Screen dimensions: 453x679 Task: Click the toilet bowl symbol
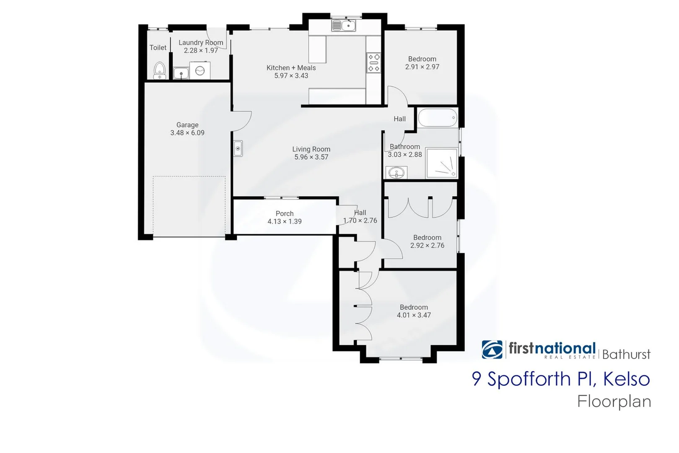click(x=159, y=70)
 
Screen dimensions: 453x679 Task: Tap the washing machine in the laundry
click(x=200, y=71)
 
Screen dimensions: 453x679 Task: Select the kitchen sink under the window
click(x=344, y=26)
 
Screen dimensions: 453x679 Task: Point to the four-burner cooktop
click(x=374, y=62)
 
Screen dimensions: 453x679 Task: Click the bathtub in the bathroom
click(x=437, y=118)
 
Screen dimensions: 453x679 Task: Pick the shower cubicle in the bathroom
click(x=441, y=163)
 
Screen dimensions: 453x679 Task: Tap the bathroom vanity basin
click(x=396, y=172)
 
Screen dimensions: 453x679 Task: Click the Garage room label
click(x=187, y=125)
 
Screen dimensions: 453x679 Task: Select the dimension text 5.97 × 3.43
click(x=291, y=76)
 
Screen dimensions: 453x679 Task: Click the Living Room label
click(x=311, y=149)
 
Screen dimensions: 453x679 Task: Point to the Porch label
click(x=285, y=214)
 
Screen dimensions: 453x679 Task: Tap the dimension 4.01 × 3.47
click(x=414, y=315)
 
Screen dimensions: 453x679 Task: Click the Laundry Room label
click(x=201, y=43)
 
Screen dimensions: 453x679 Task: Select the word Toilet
click(x=158, y=48)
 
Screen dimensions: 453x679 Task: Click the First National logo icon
click(x=492, y=349)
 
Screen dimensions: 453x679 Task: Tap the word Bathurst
click(x=626, y=355)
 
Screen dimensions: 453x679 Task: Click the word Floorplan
click(x=614, y=402)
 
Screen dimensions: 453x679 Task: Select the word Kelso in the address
click(x=626, y=379)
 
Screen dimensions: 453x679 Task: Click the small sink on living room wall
click(x=238, y=148)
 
